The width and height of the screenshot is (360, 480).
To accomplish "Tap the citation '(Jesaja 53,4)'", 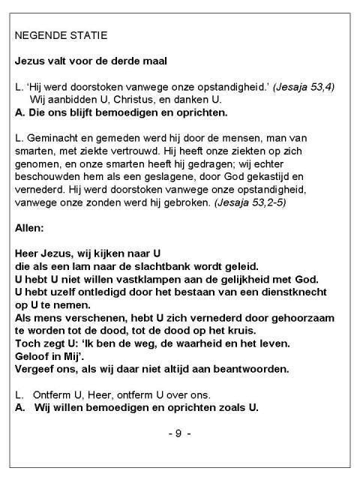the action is [x=304, y=88].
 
